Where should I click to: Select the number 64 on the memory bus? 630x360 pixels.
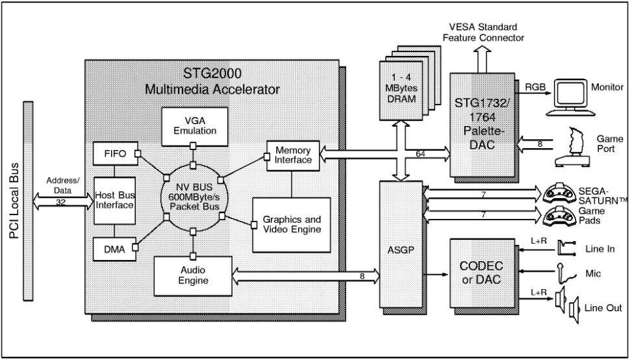point(421,154)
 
